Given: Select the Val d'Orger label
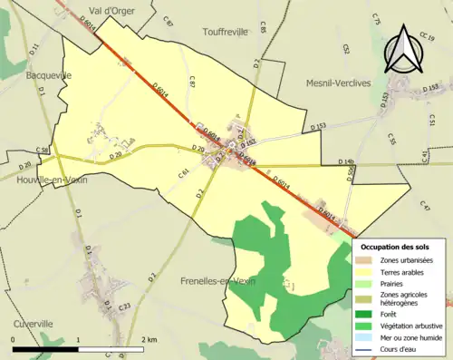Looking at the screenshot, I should pyautogui.click(x=106, y=12).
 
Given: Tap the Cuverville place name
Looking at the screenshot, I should pyautogui.click(x=35, y=323).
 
